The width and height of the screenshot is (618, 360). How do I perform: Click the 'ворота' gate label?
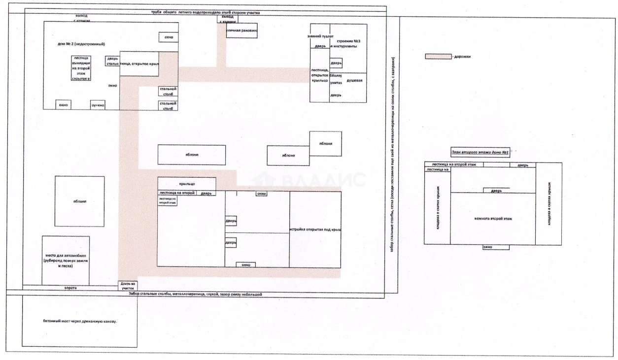click(x=71, y=287)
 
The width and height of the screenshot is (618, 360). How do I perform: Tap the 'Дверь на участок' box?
click(x=128, y=286)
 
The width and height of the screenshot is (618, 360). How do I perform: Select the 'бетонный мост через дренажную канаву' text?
click(x=80, y=321)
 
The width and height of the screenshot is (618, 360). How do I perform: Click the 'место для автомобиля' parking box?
click(x=66, y=260)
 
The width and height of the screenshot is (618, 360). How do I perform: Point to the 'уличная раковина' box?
click(x=241, y=31)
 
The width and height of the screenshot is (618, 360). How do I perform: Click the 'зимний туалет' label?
click(x=320, y=36)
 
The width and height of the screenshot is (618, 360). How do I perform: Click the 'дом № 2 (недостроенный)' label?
click(x=82, y=44)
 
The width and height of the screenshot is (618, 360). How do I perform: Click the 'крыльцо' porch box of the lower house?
click(x=186, y=183)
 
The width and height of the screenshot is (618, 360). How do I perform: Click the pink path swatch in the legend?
click(x=438, y=57)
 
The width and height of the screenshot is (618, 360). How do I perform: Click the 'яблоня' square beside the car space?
click(x=79, y=201)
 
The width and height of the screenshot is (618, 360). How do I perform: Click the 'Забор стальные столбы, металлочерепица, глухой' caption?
click(x=194, y=294)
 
